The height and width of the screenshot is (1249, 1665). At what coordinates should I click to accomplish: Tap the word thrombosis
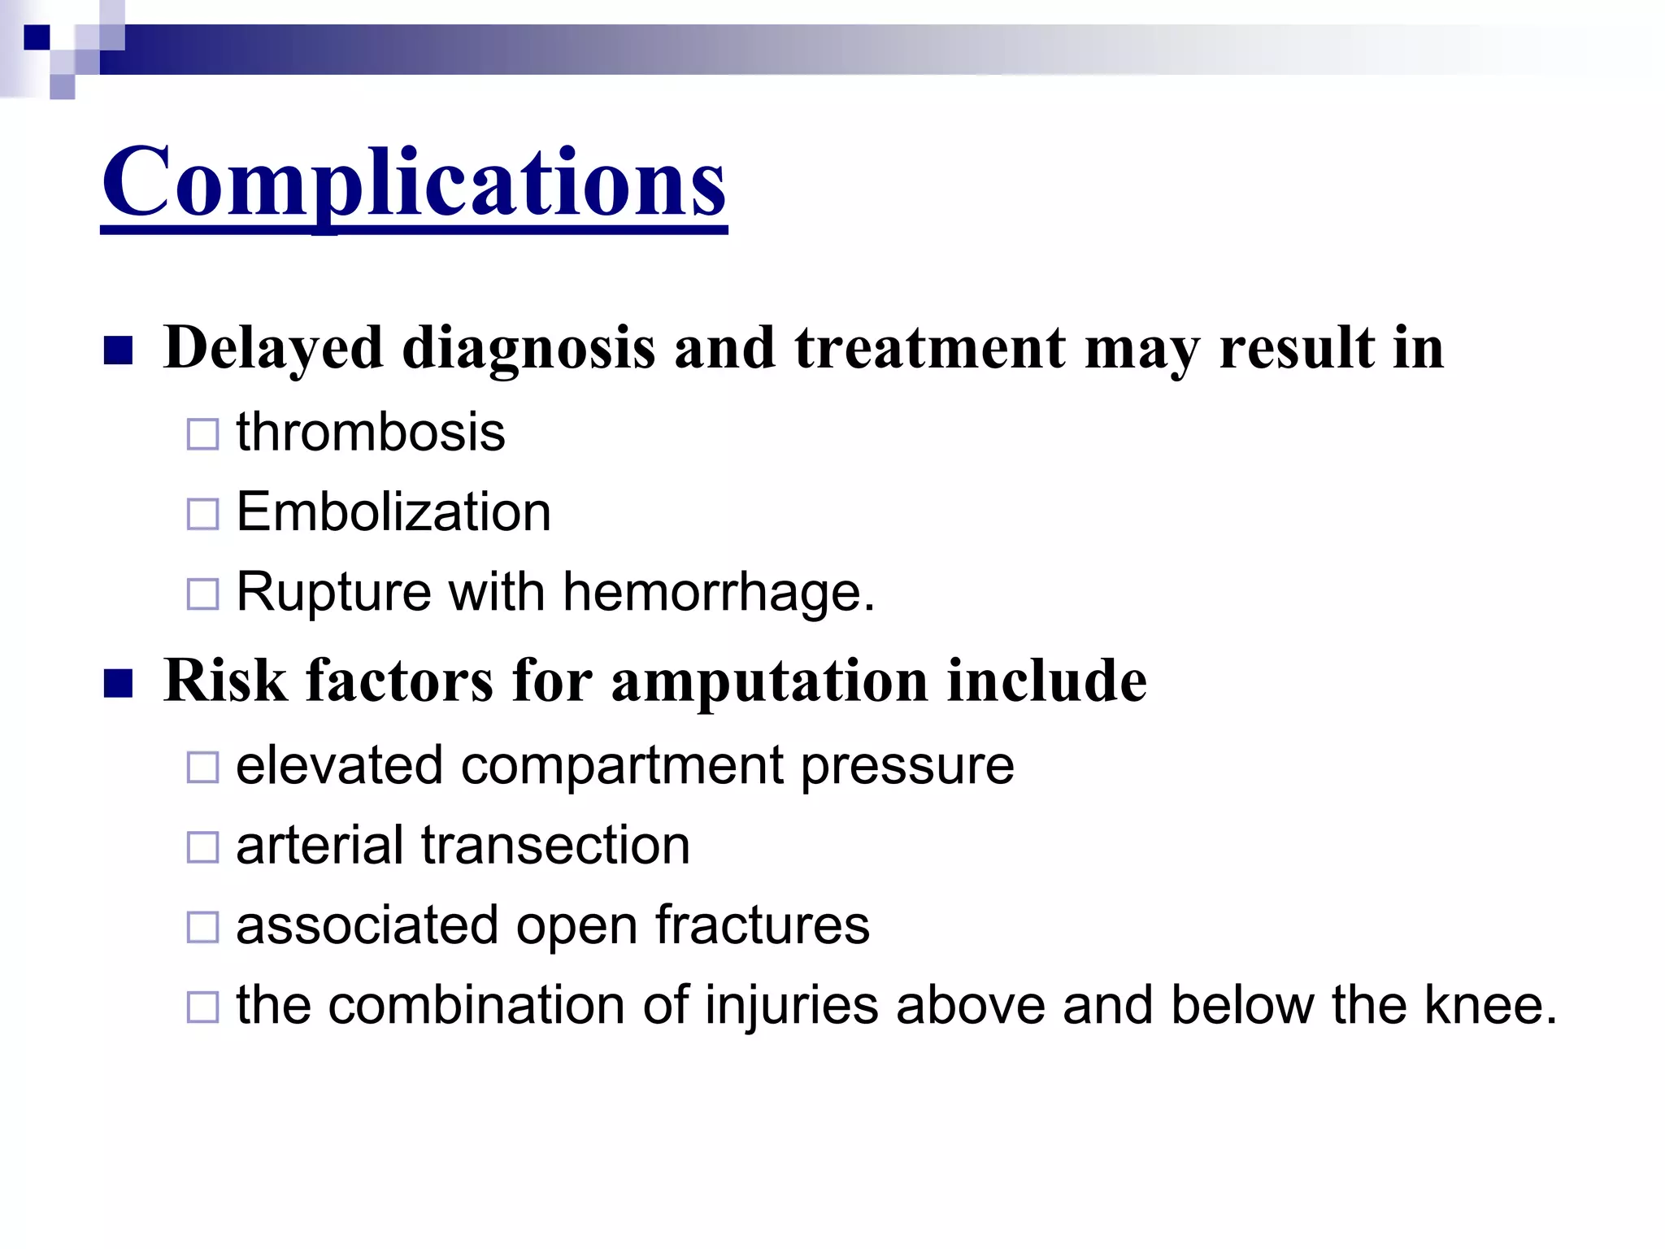pos(371,432)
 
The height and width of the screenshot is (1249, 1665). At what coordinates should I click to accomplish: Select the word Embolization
pos(393,512)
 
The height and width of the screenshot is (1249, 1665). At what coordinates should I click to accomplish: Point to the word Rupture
pos(333,592)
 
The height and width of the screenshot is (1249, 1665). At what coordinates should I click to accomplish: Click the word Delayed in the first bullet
pos(273,348)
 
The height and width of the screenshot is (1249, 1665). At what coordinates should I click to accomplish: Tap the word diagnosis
pos(528,348)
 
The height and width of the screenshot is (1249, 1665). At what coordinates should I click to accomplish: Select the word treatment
pos(929,348)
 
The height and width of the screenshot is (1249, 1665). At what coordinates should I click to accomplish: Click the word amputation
pos(769,681)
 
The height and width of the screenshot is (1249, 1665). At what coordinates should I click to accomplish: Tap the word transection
pos(555,846)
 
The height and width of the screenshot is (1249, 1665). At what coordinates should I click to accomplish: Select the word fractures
pos(762,925)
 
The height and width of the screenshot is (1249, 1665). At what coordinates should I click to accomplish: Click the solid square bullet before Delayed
pos(119,350)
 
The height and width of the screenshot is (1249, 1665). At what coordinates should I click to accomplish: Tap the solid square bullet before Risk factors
pos(119,684)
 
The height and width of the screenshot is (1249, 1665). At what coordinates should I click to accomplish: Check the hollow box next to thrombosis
pos(202,434)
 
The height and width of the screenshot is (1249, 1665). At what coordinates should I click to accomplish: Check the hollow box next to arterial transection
pos(202,847)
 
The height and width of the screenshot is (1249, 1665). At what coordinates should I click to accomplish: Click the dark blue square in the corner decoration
pos(37,37)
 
